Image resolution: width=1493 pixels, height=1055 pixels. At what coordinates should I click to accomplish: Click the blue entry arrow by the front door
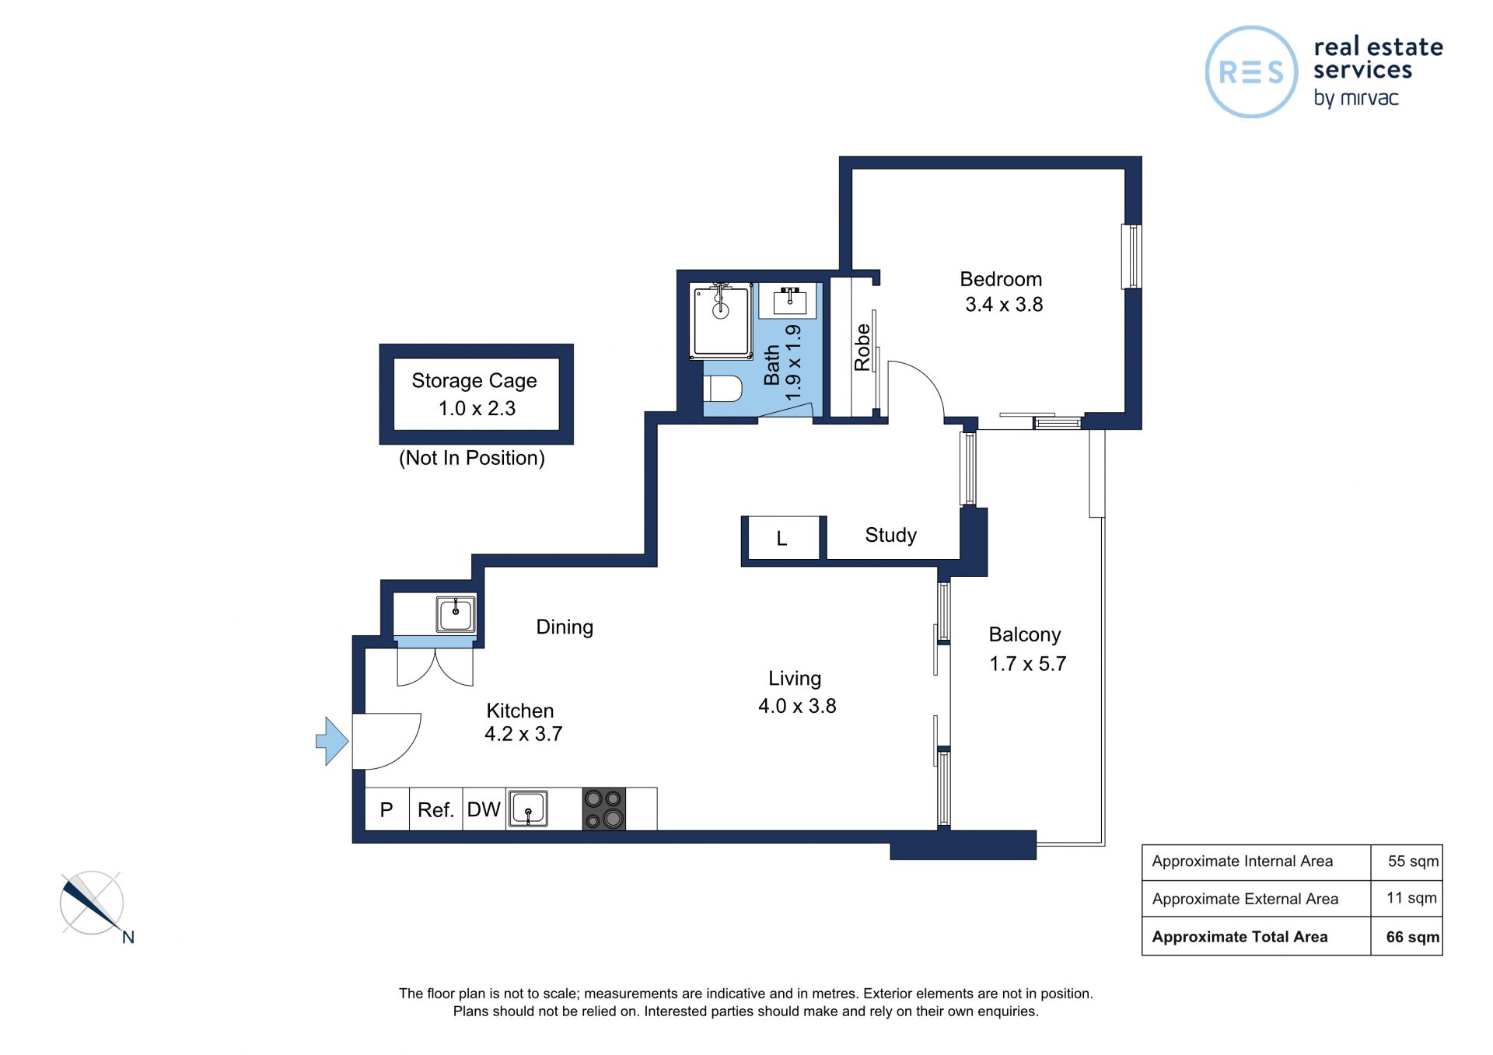pyautogui.click(x=332, y=741)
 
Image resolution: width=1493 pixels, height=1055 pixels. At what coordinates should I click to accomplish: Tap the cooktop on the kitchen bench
pyautogui.click(x=604, y=809)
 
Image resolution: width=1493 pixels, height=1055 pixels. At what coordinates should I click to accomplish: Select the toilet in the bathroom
pyautogui.click(x=722, y=389)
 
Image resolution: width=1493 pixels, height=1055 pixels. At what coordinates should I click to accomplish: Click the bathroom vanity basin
pyautogui.click(x=790, y=300)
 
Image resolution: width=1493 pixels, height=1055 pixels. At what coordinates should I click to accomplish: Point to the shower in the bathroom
pyautogui.click(x=721, y=321)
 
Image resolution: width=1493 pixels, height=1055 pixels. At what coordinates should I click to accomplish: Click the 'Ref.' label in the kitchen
pyautogui.click(x=435, y=810)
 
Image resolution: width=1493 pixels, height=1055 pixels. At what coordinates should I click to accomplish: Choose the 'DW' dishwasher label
pyautogui.click(x=484, y=809)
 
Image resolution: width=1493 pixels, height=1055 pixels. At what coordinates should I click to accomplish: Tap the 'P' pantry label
pyautogui.click(x=386, y=810)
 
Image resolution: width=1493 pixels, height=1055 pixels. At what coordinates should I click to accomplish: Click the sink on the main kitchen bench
pyautogui.click(x=528, y=809)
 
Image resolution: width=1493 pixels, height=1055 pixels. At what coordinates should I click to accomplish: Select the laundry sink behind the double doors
pyautogui.click(x=456, y=615)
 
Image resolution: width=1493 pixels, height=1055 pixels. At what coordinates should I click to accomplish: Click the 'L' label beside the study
pyautogui.click(x=782, y=538)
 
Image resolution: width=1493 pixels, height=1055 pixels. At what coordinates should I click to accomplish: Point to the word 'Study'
pyautogui.click(x=891, y=535)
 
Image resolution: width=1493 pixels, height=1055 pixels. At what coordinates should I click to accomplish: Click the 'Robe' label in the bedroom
pyautogui.click(x=862, y=348)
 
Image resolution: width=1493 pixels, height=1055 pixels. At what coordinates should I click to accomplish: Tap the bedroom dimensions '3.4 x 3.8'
pyautogui.click(x=1004, y=305)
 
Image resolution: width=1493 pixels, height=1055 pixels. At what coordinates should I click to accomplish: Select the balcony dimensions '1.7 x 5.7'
pyautogui.click(x=1028, y=664)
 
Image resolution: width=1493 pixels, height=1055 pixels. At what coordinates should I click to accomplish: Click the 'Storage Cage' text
pyautogui.click(x=474, y=380)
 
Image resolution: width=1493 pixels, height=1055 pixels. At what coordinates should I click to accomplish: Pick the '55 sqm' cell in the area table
pyautogui.click(x=1413, y=861)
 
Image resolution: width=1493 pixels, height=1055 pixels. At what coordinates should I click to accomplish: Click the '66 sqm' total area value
pyautogui.click(x=1412, y=937)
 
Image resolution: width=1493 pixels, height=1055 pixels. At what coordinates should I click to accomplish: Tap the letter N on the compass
pyautogui.click(x=128, y=938)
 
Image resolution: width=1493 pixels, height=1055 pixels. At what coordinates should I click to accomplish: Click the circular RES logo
pyautogui.click(x=1251, y=72)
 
